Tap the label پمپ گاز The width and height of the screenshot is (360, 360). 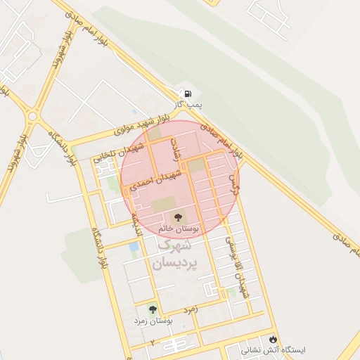(x=188, y=105)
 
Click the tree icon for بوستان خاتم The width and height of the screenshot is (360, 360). (x=176, y=217)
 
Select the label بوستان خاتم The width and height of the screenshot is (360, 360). (x=179, y=229)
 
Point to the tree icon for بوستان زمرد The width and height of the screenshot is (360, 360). (x=153, y=309)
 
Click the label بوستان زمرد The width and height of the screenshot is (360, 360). (x=155, y=321)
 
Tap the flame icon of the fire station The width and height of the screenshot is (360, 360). (x=283, y=338)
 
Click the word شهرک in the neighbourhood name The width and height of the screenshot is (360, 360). (x=174, y=246)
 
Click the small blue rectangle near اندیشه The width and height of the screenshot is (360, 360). (x=134, y=247)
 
